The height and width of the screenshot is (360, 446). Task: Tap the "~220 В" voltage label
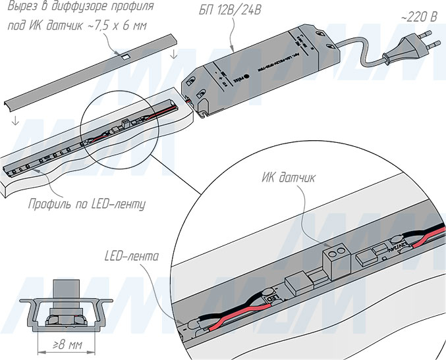coord(418,16)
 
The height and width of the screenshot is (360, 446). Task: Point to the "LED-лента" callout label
coord(132,255)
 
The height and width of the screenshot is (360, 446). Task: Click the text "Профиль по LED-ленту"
coord(86,204)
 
